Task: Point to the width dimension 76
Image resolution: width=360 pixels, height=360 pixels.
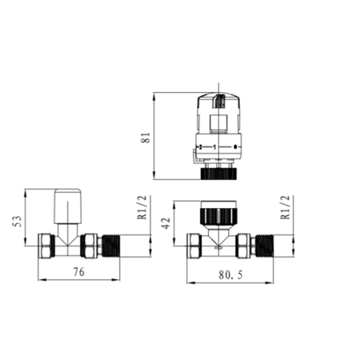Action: (x=78, y=272)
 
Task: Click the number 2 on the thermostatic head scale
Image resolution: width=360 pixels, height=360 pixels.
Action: (x=200, y=147)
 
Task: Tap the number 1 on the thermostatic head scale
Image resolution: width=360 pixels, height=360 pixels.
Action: (x=215, y=147)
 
